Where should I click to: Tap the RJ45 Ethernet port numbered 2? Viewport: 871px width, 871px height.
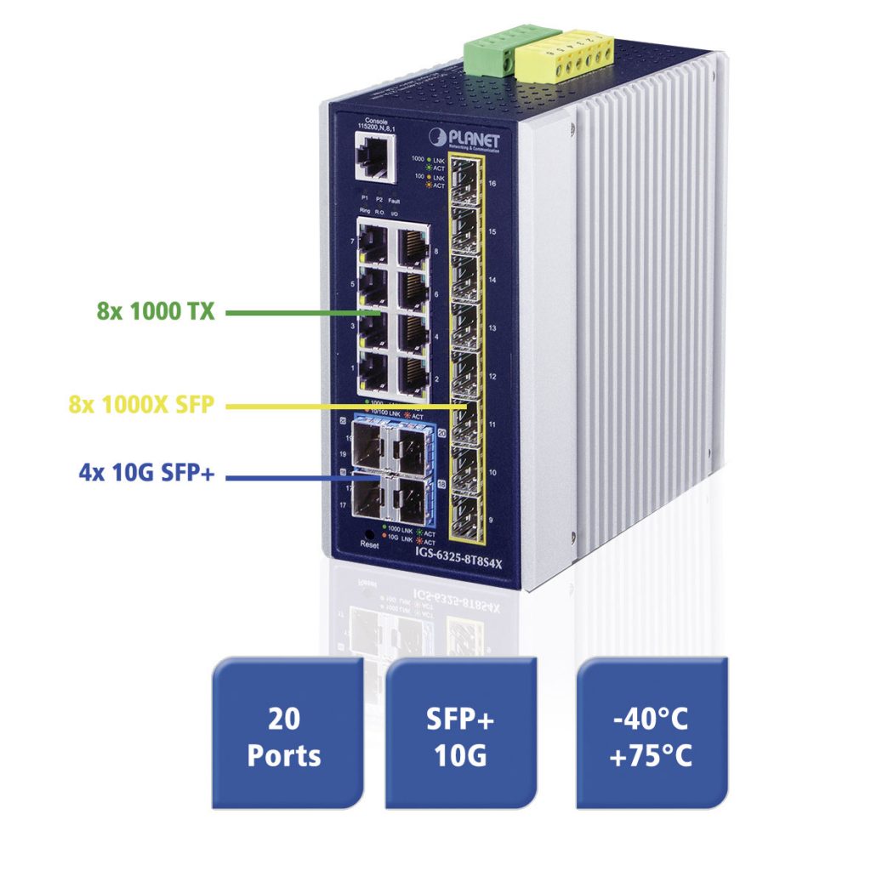point(413,375)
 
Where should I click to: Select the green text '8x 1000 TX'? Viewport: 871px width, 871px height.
point(156,312)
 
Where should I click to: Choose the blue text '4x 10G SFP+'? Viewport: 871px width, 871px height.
point(146,473)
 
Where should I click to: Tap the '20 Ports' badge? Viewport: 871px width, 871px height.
point(284,737)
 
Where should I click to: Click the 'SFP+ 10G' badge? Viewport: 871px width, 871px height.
point(460,737)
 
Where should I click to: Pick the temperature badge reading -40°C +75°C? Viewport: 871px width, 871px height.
point(652,737)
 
